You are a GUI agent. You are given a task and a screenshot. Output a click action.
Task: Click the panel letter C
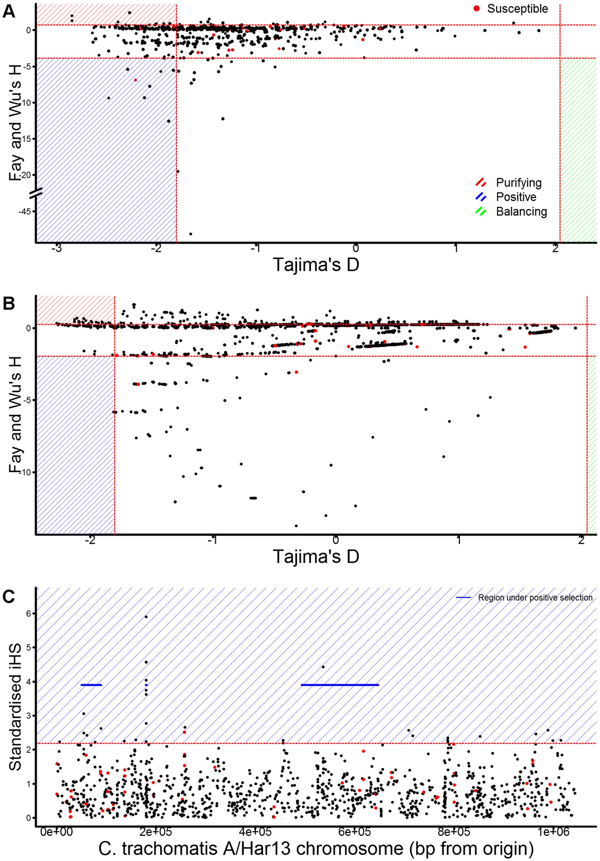click(x=9, y=596)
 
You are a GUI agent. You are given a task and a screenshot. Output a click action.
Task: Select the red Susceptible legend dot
click(x=476, y=8)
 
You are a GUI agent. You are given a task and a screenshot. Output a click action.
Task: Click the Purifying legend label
click(x=518, y=183)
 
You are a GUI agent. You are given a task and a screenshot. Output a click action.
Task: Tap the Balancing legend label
click(x=521, y=212)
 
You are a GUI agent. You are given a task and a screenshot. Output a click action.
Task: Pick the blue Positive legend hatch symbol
click(x=481, y=197)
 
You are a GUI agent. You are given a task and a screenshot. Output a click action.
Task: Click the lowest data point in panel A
click(x=191, y=234)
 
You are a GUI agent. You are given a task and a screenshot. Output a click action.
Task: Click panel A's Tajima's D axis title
click(x=316, y=265)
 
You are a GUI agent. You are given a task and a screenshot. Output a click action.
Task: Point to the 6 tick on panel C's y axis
click(x=29, y=614)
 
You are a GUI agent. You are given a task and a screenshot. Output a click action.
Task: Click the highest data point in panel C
click(x=146, y=617)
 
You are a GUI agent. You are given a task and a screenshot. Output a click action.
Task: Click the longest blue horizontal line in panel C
click(x=339, y=685)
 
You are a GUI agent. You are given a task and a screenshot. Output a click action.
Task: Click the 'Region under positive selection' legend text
click(x=535, y=598)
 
